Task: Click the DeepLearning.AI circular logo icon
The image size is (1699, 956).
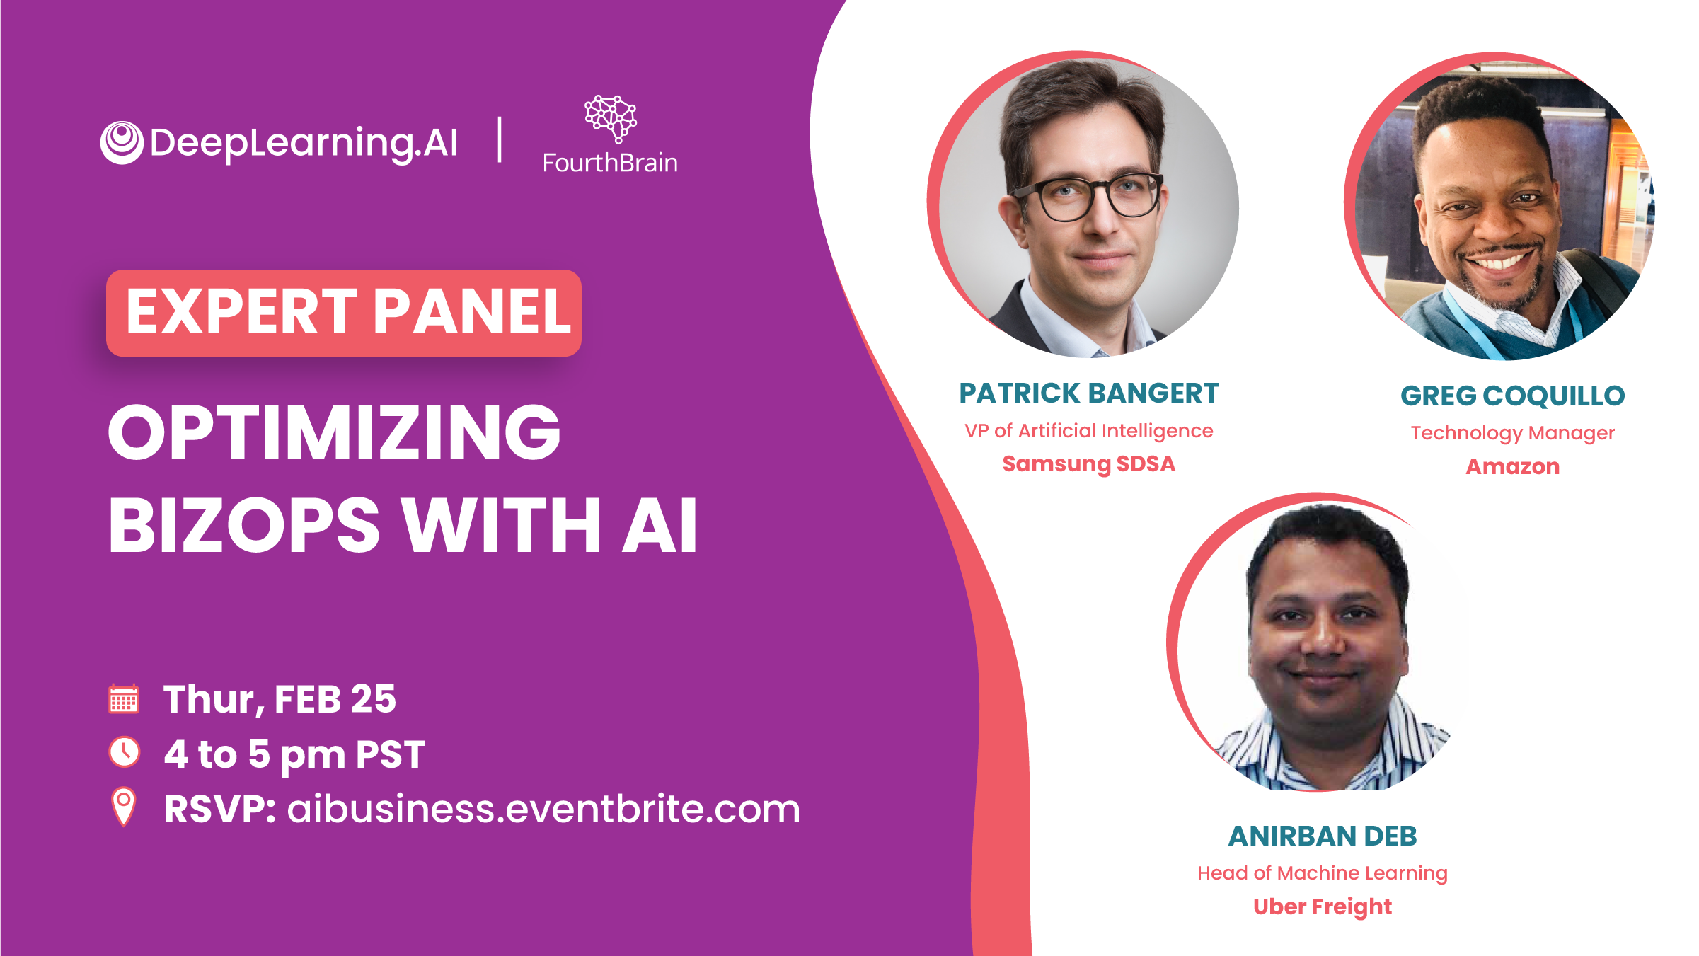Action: point(122,142)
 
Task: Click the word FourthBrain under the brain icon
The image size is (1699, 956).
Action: point(610,163)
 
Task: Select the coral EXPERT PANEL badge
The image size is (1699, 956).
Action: point(344,313)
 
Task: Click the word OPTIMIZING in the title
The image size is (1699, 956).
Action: point(334,432)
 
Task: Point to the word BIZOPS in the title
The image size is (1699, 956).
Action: point(244,525)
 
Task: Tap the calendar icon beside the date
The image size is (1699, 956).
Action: point(124,699)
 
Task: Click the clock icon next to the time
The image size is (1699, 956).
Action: point(125,751)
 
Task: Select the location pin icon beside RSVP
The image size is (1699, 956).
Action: point(124,807)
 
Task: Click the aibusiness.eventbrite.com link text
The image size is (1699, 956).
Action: point(543,809)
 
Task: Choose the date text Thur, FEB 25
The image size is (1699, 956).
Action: point(280,699)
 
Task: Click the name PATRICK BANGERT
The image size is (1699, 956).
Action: point(1089,393)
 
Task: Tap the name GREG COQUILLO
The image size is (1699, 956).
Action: point(1513,396)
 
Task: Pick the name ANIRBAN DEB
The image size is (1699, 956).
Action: point(1323,836)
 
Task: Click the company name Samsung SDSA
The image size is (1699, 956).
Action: point(1089,464)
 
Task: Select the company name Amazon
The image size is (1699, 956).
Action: point(1513,466)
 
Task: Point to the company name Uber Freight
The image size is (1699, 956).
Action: point(1323,906)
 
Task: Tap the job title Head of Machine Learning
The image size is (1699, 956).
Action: point(1323,873)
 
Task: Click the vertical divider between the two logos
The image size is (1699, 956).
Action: point(500,140)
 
